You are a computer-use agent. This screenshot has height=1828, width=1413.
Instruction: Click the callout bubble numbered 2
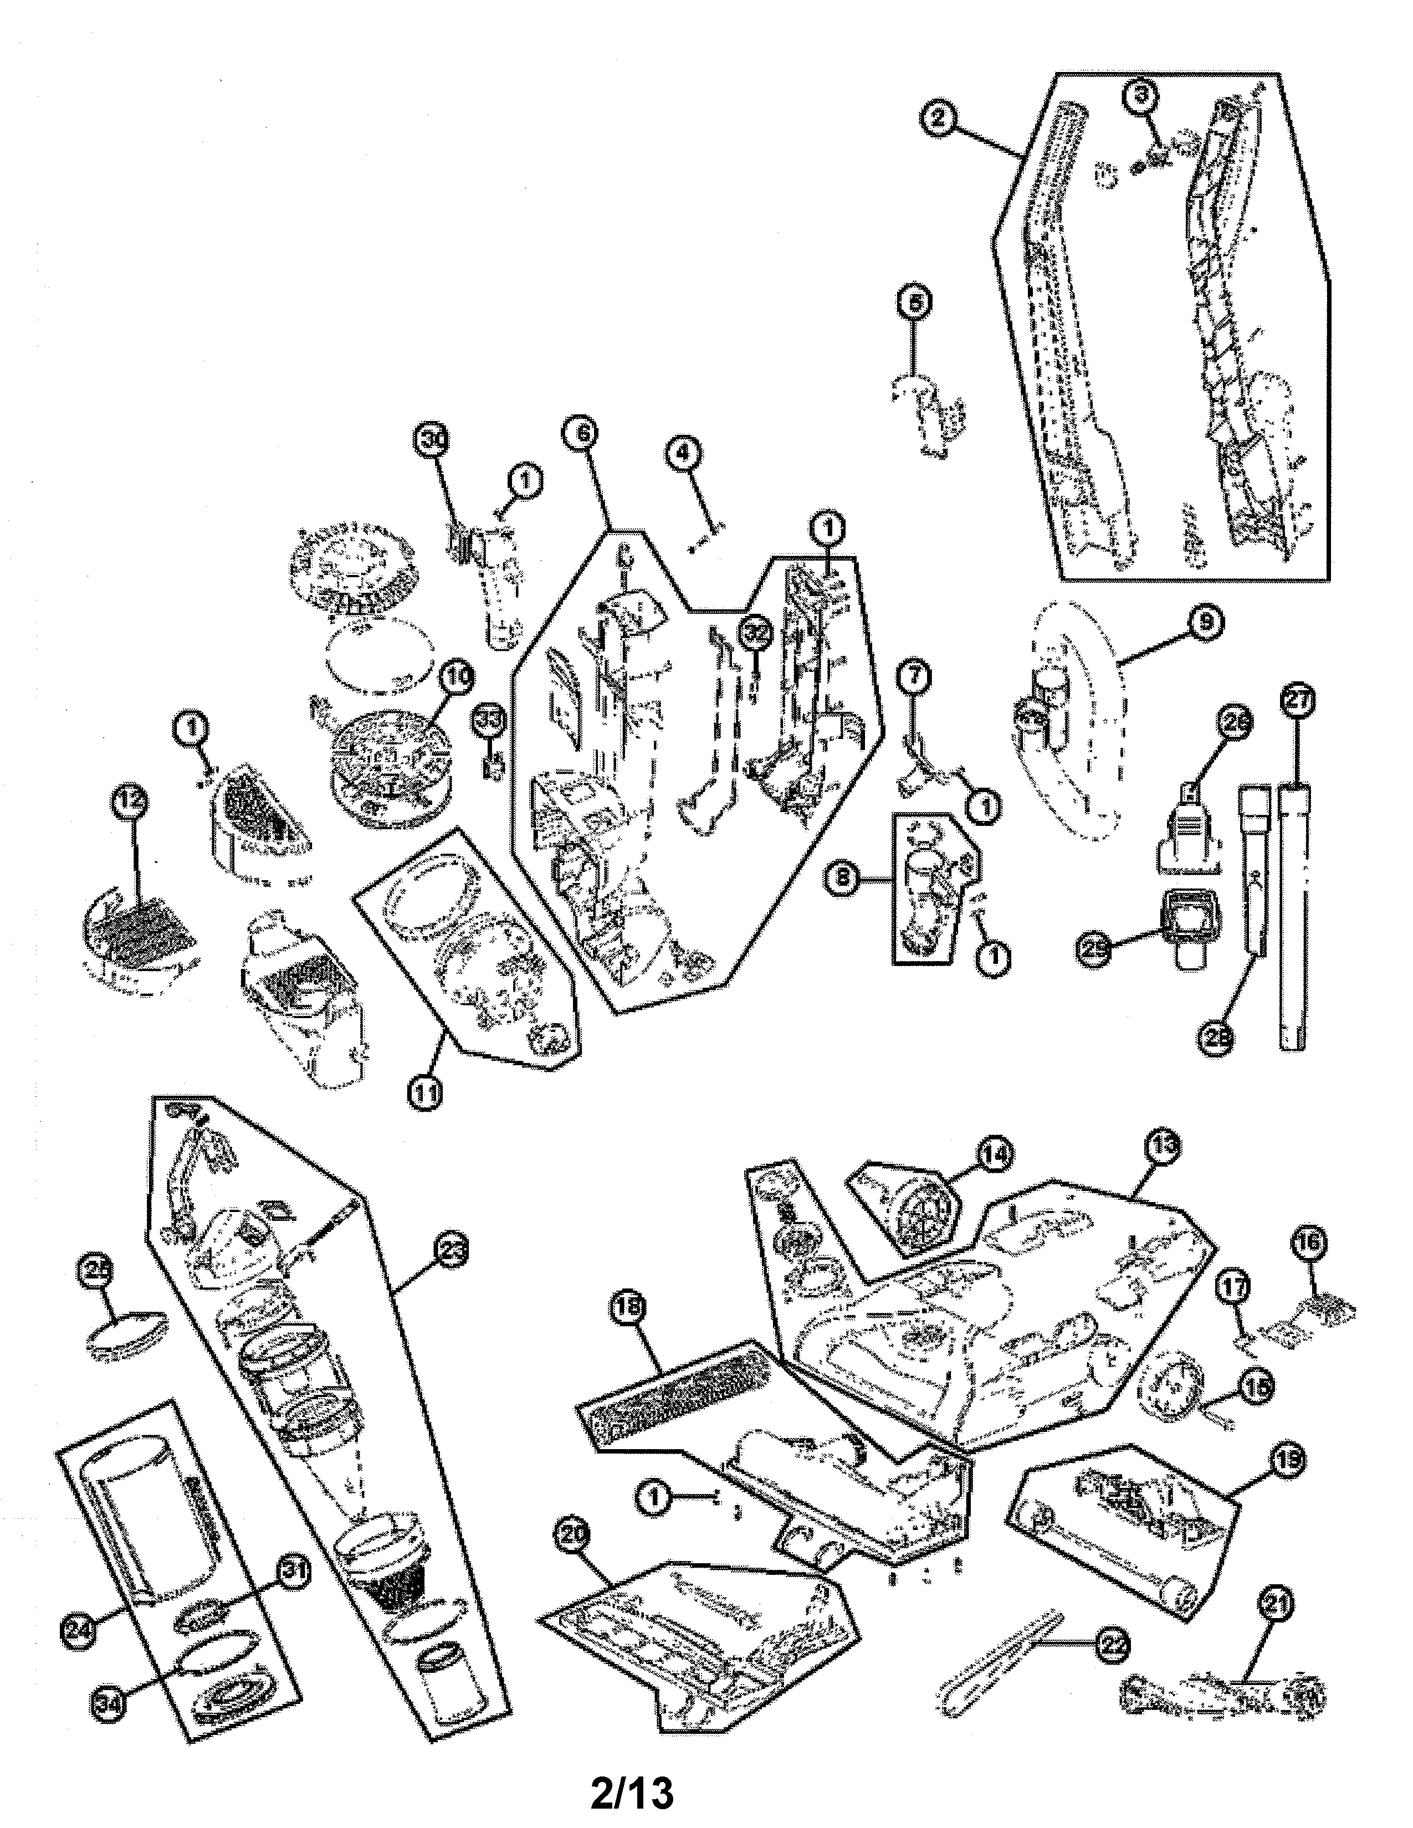click(938, 117)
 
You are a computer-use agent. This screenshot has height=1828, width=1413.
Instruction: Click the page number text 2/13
click(632, 1791)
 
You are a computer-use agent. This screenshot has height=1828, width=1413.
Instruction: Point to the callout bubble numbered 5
click(914, 304)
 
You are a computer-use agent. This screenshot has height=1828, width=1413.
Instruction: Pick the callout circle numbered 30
click(433, 442)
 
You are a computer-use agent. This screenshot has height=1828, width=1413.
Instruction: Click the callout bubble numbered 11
click(426, 1093)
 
